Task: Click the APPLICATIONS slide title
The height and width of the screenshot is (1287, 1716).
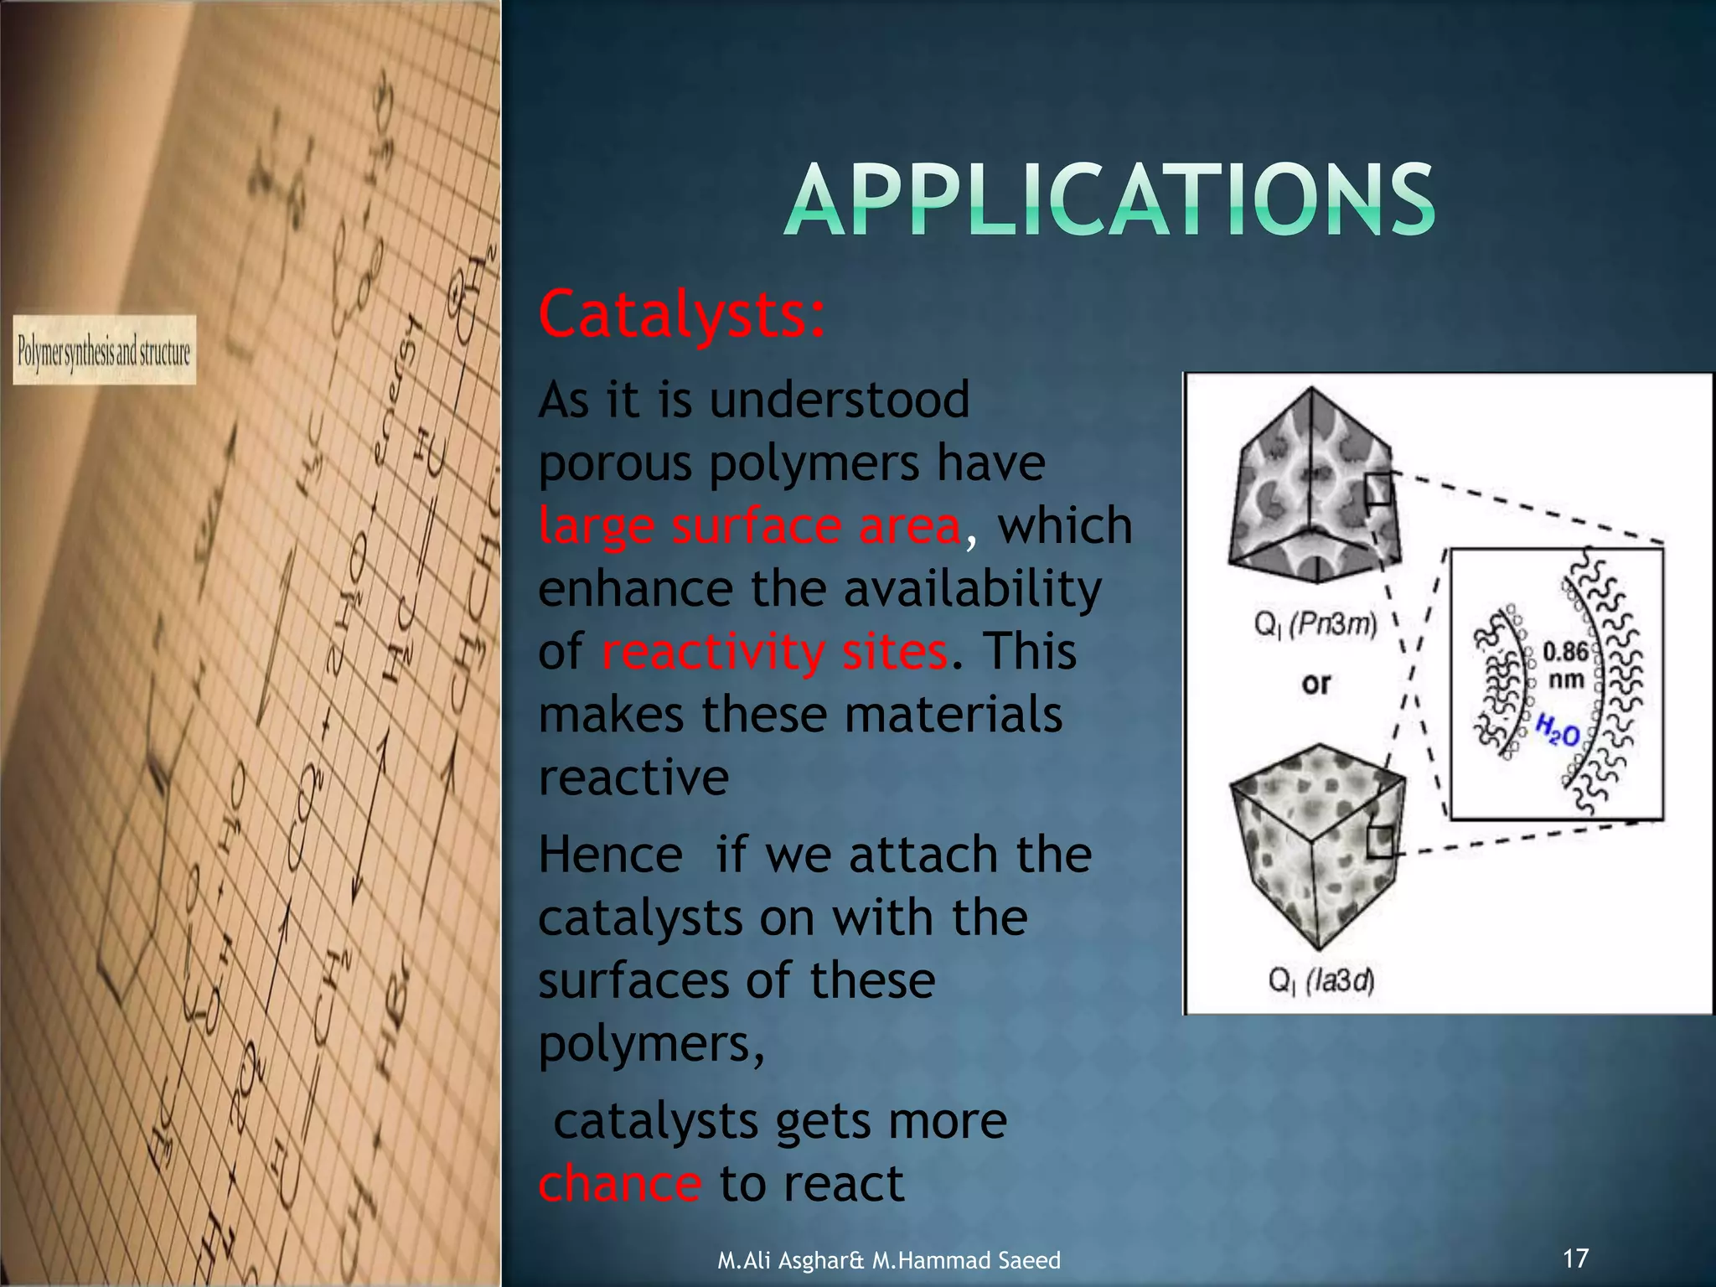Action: click(x=1109, y=201)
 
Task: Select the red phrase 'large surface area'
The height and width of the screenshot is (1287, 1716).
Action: click(x=749, y=526)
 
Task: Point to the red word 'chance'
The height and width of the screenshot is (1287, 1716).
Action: click(x=620, y=1183)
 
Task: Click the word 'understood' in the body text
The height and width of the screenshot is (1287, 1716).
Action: click(x=840, y=399)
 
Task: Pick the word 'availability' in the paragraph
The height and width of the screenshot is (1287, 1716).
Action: click(x=972, y=588)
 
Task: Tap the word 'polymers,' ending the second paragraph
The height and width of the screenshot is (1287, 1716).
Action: click(x=651, y=1044)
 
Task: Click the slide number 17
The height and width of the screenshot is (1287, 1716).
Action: click(x=1575, y=1258)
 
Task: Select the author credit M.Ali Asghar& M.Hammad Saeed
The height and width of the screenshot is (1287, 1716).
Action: click(x=889, y=1260)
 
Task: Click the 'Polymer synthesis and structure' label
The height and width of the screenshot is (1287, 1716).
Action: click(x=105, y=350)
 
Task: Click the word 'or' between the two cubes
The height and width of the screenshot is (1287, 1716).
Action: click(x=1316, y=684)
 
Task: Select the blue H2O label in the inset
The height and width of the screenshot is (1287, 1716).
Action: click(x=1558, y=732)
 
